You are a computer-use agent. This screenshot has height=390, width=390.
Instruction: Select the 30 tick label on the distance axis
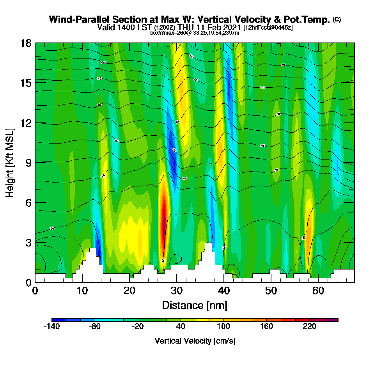[x=177, y=291]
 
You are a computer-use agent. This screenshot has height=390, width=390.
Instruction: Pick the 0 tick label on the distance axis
[x=35, y=291]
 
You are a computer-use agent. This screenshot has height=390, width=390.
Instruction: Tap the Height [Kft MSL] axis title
[x=10, y=162]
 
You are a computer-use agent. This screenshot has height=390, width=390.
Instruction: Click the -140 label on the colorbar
[x=51, y=327]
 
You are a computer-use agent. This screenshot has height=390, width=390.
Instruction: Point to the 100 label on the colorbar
[x=223, y=327]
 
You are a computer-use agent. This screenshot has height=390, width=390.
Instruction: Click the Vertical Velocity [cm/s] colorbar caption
[x=195, y=341]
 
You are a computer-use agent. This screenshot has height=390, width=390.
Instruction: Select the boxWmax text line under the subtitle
[x=195, y=33]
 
